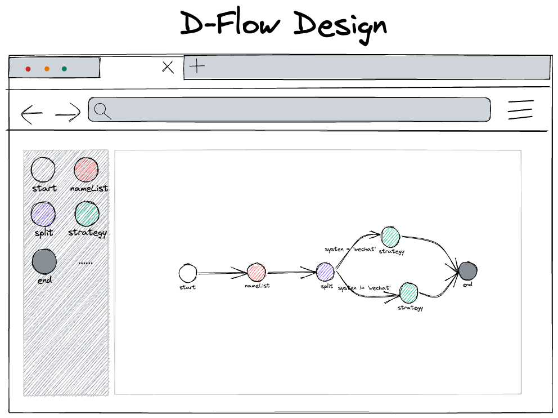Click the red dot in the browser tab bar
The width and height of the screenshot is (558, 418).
point(28,69)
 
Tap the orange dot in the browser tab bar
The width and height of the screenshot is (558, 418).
point(47,69)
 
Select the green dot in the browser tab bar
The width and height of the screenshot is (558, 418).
point(64,69)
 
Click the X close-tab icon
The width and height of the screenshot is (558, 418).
point(168,68)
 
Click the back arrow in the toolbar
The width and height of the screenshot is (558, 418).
point(31,114)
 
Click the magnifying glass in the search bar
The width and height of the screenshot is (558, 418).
point(102,111)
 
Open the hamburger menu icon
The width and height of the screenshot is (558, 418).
point(520,109)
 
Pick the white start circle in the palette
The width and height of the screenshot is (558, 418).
point(43,170)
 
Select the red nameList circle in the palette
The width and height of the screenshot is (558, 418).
point(87,170)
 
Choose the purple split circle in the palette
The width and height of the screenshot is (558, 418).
point(43,215)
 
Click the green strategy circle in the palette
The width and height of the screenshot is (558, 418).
point(87,214)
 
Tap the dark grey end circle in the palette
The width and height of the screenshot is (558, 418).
point(44,261)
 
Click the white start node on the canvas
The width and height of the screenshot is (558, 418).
point(188,273)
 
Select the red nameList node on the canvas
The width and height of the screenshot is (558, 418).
point(256,272)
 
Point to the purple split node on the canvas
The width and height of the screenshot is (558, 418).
point(325,272)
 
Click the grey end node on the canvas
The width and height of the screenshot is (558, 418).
point(467,271)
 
